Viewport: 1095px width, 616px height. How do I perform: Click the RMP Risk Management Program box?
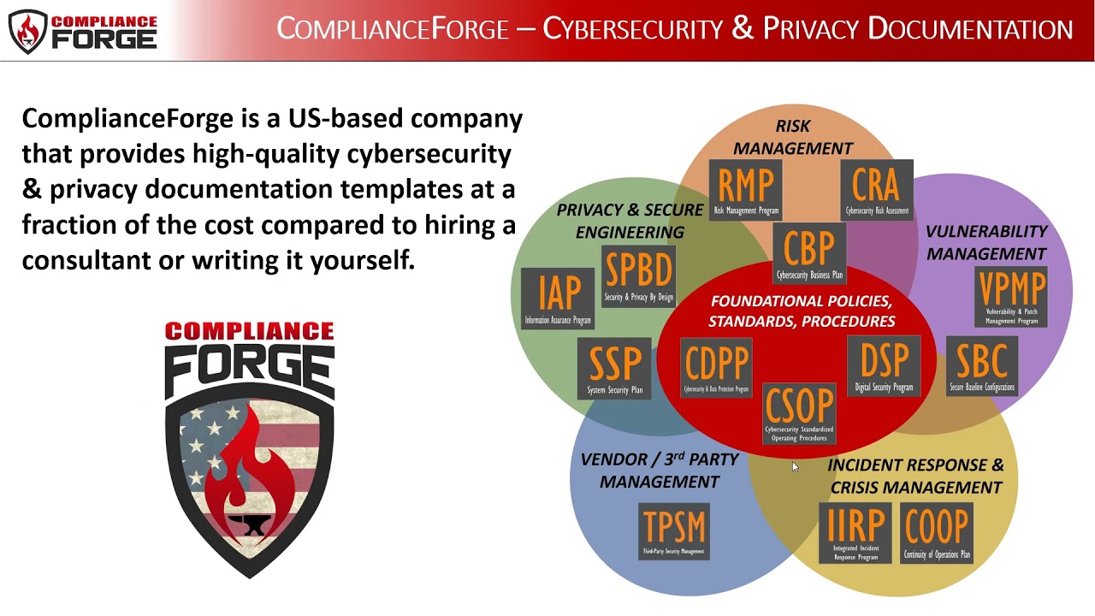(x=746, y=190)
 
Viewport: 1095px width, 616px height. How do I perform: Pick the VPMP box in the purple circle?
(x=1011, y=298)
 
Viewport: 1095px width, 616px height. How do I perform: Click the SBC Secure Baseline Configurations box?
(x=981, y=367)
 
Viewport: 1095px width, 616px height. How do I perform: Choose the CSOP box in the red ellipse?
(x=799, y=414)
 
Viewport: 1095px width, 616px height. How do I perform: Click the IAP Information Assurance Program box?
(x=559, y=299)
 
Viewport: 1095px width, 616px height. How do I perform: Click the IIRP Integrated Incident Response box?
(x=855, y=532)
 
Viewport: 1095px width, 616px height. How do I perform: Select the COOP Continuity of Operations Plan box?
(x=937, y=532)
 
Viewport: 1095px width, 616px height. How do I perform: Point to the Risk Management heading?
(x=793, y=137)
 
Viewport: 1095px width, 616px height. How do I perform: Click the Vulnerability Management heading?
(x=986, y=242)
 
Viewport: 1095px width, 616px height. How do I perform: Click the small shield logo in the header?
(x=27, y=31)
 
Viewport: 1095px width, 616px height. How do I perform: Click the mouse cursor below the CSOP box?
(x=795, y=466)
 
